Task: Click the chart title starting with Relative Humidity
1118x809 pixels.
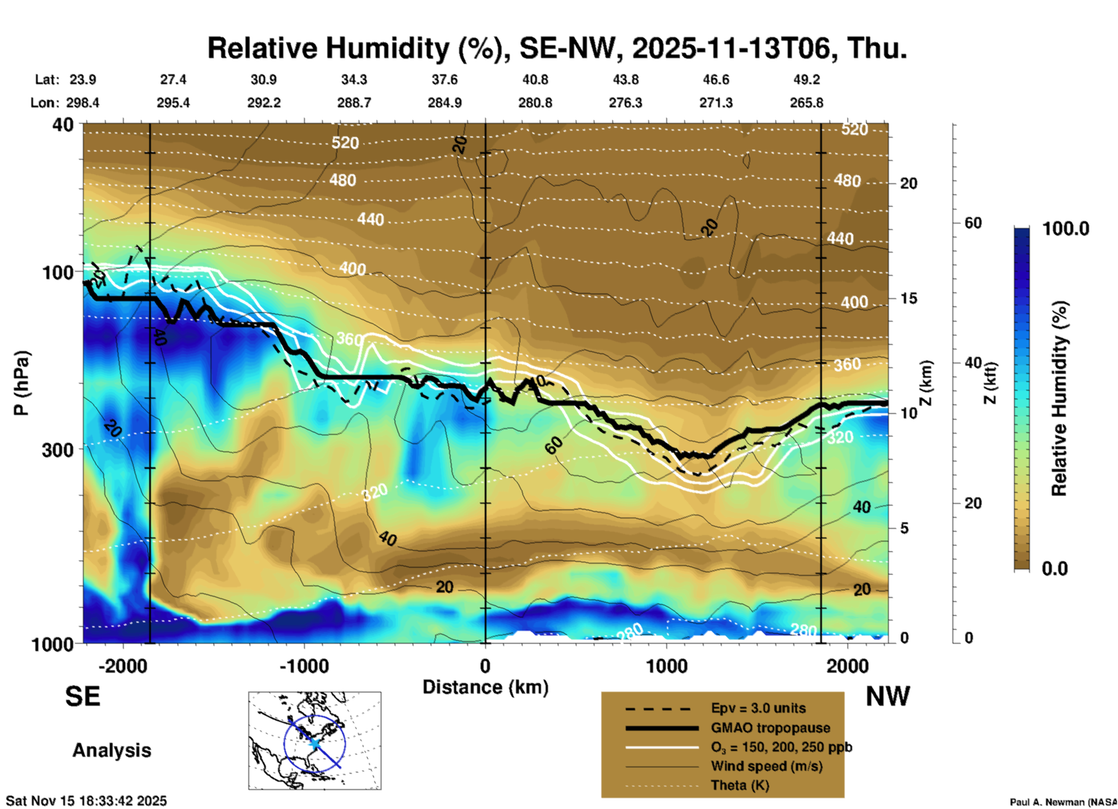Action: (557, 48)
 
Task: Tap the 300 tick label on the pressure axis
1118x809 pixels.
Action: (57, 450)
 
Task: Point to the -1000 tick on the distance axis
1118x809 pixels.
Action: (304, 666)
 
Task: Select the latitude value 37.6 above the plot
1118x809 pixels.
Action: (444, 80)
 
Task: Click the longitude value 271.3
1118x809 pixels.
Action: (715, 103)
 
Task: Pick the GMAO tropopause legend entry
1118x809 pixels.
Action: (770, 728)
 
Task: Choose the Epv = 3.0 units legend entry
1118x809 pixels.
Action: (758, 708)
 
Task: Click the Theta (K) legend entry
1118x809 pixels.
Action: (740, 785)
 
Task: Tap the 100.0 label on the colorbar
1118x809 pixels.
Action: (1066, 229)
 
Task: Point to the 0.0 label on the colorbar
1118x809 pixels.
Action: (1055, 568)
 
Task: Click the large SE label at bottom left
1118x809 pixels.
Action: (82, 696)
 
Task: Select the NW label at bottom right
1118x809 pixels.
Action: (888, 696)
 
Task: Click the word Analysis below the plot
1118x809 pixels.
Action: (111, 750)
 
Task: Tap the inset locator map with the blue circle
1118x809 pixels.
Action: (315, 741)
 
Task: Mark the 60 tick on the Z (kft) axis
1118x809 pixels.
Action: (973, 223)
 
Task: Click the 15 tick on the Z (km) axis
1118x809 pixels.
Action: (908, 298)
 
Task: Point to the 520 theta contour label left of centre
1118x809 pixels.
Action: (345, 143)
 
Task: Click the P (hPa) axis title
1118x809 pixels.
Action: (21, 383)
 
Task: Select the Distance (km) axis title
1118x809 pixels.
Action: (485, 687)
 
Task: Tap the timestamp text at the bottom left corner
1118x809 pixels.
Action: (86, 801)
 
